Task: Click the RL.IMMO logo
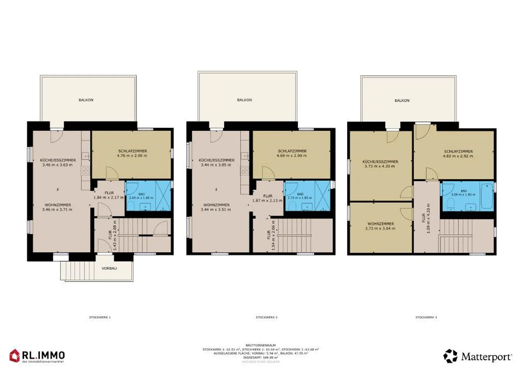(x=37, y=356)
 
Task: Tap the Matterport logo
(x=478, y=356)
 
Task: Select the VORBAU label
(x=109, y=268)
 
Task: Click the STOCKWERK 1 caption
(x=100, y=317)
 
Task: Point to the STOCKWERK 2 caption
(x=266, y=317)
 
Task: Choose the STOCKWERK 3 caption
(x=426, y=317)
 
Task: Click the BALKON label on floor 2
(x=244, y=100)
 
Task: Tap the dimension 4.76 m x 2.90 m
(x=132, y=156)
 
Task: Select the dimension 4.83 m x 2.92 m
(x=458, y=156)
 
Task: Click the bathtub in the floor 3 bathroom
(x=487, y=196)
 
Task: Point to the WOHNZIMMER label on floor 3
(x=381, y=224)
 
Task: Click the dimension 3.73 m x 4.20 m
(x=380, y=166)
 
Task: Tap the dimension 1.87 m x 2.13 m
(x=267, y=201)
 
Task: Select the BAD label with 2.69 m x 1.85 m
(x=141, y=194)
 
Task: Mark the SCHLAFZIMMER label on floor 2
(x=292, y=151)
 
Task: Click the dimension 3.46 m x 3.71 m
(x=57, y=209)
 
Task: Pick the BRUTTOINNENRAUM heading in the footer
(x=260, y=346)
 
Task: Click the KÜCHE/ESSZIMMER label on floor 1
(x=58, y=160)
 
